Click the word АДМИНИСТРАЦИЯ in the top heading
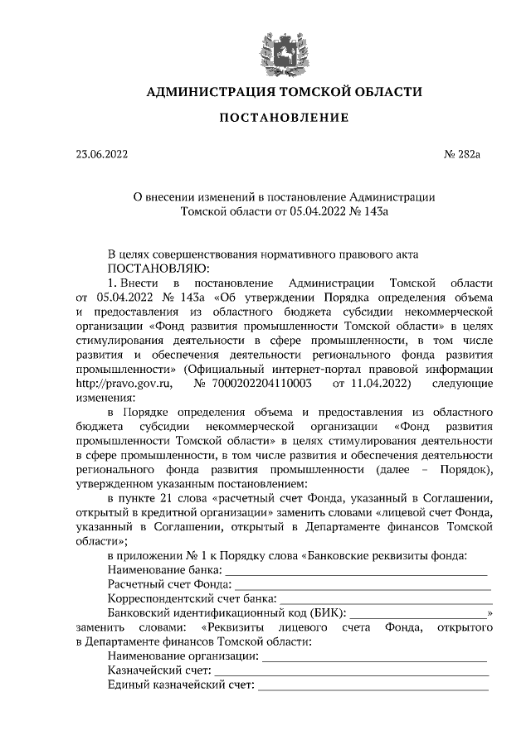[x=198, y=91]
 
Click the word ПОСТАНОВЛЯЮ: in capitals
[x=158, y=268]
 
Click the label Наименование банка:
[x=165, y=570]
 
